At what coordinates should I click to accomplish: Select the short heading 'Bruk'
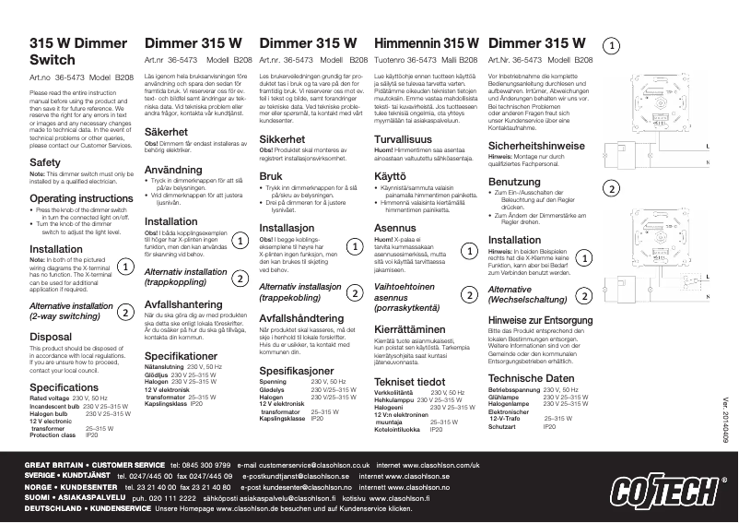pyautogui.click(x=271, y=174)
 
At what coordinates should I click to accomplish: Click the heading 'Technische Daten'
pyautogui.click(x=530, y=378)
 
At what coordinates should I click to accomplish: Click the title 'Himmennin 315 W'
pyautogui.click(x=425, y=43)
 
